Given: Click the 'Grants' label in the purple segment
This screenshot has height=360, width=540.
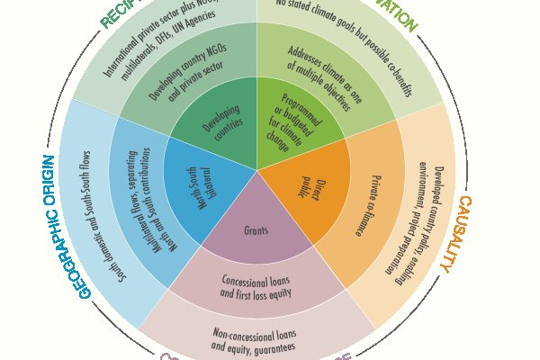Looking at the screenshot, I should (x=256, y=230).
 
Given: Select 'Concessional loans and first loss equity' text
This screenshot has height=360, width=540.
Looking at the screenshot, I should (x=256, y=287).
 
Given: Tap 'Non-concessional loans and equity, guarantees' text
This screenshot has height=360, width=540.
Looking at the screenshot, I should (x=256, y=337).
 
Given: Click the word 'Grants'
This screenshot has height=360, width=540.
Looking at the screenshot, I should (x=256, y=230).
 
